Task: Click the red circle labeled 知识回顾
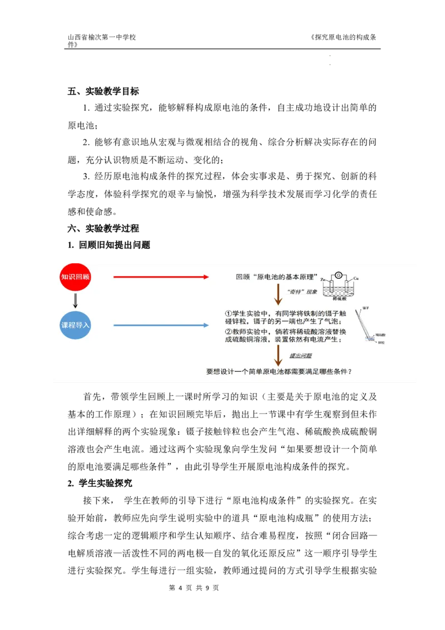[75, 277]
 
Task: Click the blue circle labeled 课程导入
[75, 324]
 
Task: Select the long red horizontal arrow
[161, 277]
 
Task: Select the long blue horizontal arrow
[161, 325]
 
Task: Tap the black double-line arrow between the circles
[75, 301]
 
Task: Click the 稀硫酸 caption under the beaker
[338, 298]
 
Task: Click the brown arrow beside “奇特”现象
[278, 294]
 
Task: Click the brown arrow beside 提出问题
[278, 356]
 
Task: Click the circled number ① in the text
[228, 313]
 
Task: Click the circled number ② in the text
[228, 331]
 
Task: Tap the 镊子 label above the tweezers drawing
[365, 308]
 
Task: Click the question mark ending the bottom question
[350, 372]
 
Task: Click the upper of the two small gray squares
[332, 56]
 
